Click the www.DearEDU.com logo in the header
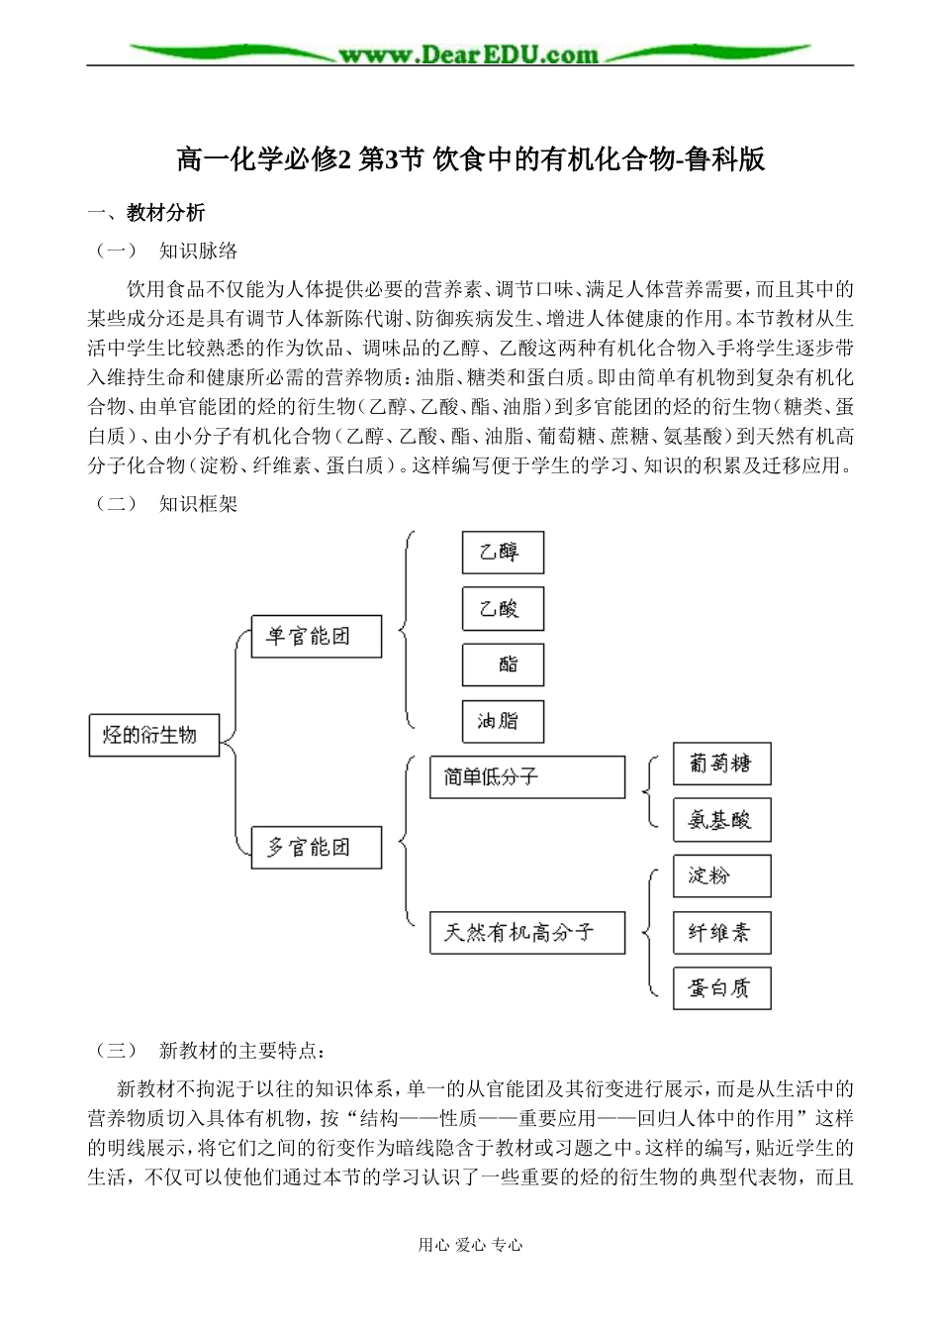[x=469, y=54]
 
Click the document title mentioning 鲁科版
[x=470, y=158]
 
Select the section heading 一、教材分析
[x=146, y=212]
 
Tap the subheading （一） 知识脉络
[x=166, y=251]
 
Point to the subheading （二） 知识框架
[x=166, y=503]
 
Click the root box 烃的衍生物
[x=153, y=735]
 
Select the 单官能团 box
[x=316, y=636]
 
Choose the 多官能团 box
[x=316, y=848]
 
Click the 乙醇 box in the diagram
[x=503, y=553]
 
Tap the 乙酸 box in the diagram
[x=503, y=609]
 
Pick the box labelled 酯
[x=503, y=664]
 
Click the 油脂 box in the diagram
[x=503, y=721]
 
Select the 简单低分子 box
[x=527, y=777]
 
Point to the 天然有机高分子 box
[x=527, y=933]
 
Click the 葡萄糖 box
[x=721, y=764]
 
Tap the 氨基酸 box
[x=721, y=820]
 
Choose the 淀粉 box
[x=721, y=876]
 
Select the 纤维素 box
[x=721, y=932]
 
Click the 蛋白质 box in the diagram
[x=721, y=988]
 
